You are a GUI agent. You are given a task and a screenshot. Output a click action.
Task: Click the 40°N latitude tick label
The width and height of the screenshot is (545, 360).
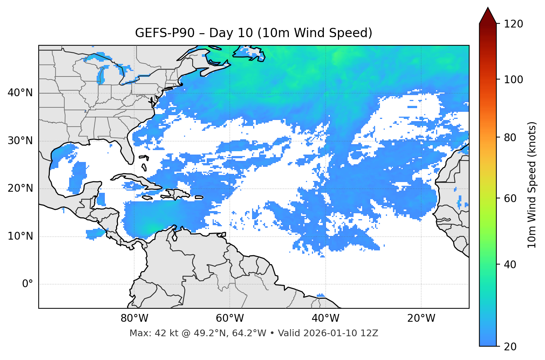click(20, 93)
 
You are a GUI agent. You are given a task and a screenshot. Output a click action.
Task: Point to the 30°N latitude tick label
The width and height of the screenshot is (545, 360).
click(20, 141)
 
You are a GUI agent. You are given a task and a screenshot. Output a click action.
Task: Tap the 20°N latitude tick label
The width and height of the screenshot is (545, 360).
click(20, 188)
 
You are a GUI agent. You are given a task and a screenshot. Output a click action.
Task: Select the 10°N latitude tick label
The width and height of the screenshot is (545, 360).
click(20, 236)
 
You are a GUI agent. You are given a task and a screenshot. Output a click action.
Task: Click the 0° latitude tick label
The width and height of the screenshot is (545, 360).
click(27, 284)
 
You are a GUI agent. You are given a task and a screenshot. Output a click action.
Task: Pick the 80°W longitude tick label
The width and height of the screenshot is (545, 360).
click(134, 318)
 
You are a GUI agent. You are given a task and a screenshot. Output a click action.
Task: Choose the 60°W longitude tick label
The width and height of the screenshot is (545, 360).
click(230, 318)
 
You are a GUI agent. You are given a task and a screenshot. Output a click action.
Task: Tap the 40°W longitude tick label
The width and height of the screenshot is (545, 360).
click(325, 318)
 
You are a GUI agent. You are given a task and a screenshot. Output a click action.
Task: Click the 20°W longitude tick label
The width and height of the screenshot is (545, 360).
click(421, 318)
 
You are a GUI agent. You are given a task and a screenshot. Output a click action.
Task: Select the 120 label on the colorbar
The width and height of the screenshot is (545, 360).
click(513, 24)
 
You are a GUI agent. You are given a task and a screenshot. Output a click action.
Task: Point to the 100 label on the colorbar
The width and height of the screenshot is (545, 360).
click(513, 80)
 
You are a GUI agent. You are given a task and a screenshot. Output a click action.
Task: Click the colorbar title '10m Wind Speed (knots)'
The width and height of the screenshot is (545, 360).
click(532, 185)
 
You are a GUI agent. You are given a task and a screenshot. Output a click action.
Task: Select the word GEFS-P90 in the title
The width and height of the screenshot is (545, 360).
click(165, 33)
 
